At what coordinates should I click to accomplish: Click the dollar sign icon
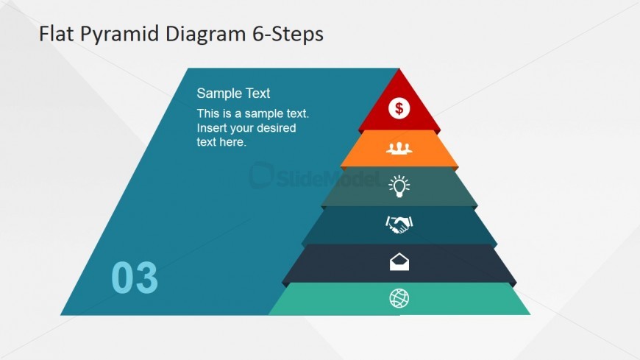[x=399, y=108]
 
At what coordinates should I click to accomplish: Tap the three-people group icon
[x=399, y=148]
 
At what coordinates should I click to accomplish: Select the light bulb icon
[x=399, y=186]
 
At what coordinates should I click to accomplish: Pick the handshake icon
[x=399, y=225]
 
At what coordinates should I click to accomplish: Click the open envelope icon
[x=399, y=262]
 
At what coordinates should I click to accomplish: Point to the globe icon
[x=399, y=298]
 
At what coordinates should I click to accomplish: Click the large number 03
[x=135, y=278]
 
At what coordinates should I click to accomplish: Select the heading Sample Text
[x=233, y=93]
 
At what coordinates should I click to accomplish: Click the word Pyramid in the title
[x=119, y=34]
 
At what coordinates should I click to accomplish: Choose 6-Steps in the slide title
[x=288, y=34]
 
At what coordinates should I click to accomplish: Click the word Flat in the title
[x=57, y=33]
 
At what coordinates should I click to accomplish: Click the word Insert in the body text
[x=211, y=128]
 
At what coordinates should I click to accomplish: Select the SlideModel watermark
[x=314, y=176]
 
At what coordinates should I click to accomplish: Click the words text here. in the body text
[x=221, y=142]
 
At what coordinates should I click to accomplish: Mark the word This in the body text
[x=207, y=113]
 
